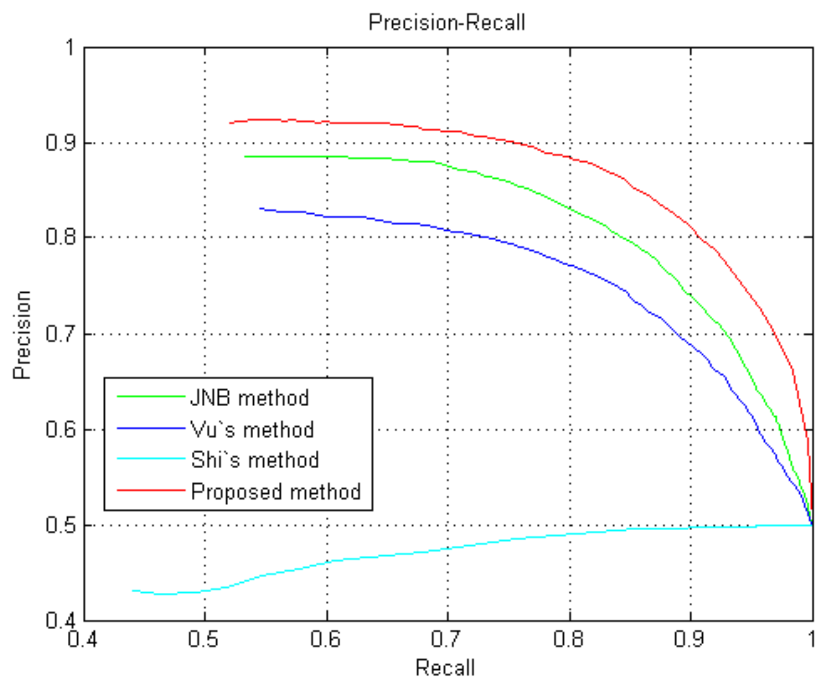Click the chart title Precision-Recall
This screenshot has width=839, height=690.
(447, 22)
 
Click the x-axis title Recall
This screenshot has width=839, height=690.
(445, 668)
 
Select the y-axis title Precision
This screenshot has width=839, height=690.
(22, 334)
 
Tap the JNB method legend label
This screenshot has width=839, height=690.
(249, 398)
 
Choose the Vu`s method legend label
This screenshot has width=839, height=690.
(252, 429)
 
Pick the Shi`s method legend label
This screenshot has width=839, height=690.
(255, 460)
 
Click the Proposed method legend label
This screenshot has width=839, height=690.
(276, 492)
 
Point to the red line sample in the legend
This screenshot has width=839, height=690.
(151, 490)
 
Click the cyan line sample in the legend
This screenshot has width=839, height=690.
(151, 459)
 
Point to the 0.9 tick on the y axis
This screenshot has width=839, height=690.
(61, 143)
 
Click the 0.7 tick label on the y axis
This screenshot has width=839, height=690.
(61, 334)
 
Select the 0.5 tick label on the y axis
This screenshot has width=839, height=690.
(61, 525)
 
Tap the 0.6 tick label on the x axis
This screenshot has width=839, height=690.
(325, 639)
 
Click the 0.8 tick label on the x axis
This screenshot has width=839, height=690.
(569, 639)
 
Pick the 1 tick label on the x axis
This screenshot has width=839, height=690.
(812, 639)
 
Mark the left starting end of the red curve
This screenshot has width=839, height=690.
(230, 123)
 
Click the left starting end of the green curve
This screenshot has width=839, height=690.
(245, 157)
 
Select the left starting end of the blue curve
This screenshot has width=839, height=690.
(260, 208)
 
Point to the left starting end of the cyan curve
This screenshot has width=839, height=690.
(133, 591)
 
